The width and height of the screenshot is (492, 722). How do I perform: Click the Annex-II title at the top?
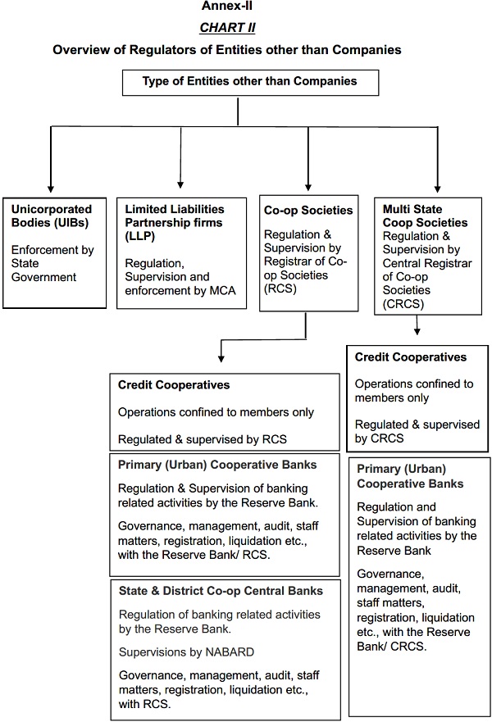(228, 7)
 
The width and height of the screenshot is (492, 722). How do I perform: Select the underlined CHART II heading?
(228, 28)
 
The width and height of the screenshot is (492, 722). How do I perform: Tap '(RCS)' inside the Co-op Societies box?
(280, 289)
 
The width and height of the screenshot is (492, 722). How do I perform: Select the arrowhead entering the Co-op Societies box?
(307, 187)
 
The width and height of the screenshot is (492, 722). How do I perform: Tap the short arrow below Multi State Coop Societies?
(417, 328)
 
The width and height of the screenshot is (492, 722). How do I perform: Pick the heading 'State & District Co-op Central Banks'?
(220, 590)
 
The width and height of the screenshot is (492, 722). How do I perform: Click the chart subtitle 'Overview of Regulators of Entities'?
(227, 50)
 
